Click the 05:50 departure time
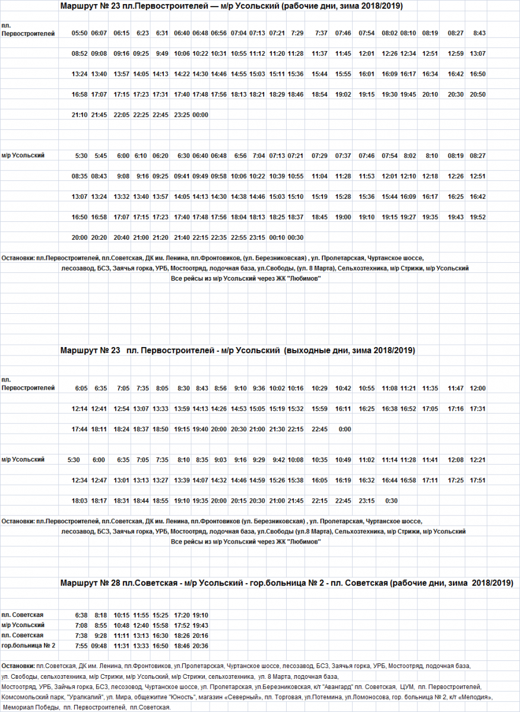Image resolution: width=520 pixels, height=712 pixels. point(79,33)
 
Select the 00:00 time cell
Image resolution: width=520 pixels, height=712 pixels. point(200,115)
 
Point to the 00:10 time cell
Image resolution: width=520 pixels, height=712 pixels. point(277,237)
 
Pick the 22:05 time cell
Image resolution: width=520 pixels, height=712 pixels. point(121,115)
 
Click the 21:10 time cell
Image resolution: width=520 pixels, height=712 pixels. point(79,115)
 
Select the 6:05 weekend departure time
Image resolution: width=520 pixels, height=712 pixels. point(81,388)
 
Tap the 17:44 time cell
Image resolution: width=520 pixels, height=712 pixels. point(79,429)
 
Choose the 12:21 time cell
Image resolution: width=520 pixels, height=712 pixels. point(477,460)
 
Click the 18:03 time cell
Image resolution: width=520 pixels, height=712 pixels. point(79,501)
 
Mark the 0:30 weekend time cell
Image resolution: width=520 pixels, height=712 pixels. point(391,501)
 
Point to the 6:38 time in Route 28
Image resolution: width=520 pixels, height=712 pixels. point(81,615)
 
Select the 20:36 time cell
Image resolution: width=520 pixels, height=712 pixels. point(200,646)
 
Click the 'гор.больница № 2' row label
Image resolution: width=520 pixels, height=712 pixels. point(28,646)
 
